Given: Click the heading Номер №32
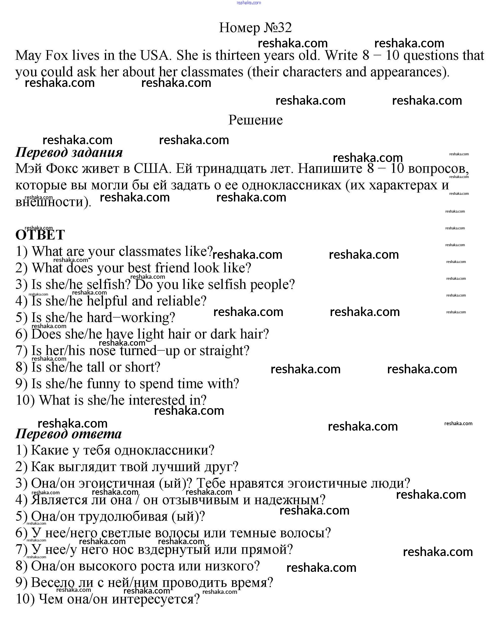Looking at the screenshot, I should tap(255, 28).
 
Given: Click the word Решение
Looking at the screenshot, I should tap(255, 120).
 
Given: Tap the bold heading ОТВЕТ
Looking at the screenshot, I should tap(40, 235).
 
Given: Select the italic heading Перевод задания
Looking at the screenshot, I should tap(69, 152).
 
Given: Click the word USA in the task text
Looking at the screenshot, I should tap(155, 55).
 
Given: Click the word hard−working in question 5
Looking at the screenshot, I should tap(131, 318).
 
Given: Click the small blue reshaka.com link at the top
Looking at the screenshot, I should tap(249, 3).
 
